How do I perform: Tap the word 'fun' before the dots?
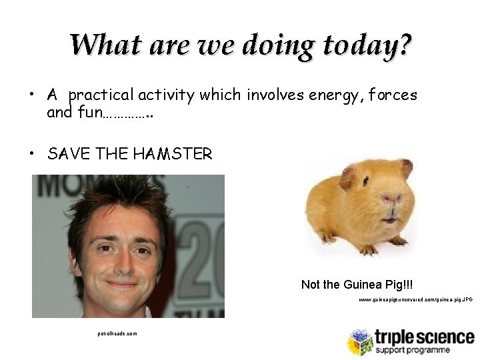90,112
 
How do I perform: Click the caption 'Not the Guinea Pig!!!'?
357,285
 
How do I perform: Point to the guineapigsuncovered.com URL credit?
415,301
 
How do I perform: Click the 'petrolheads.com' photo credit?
117,333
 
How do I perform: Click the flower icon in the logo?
359,341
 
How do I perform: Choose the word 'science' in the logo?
447,337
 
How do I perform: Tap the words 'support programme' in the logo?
411,350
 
